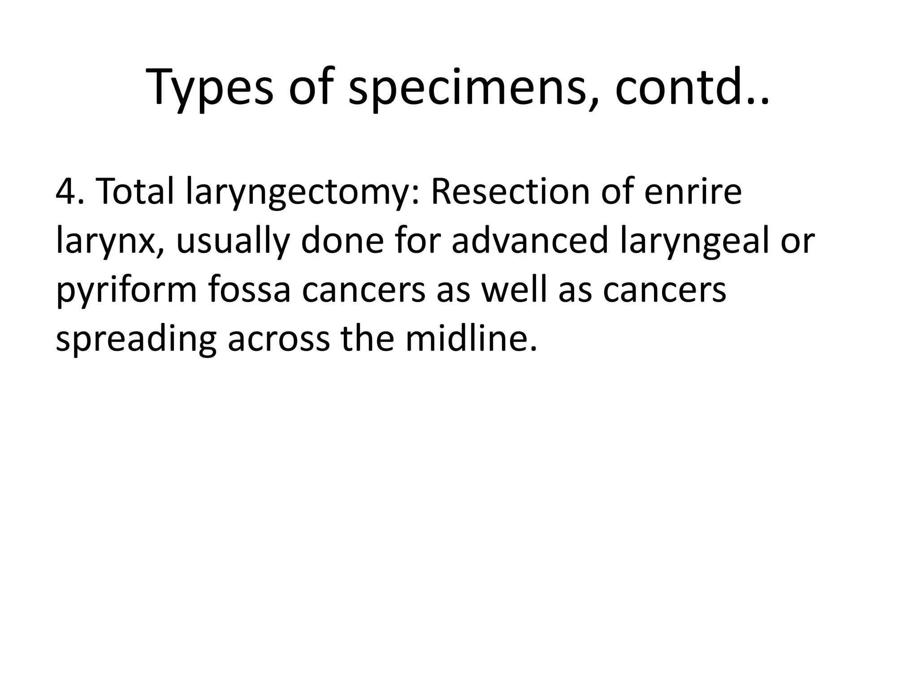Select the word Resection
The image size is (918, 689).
pos(508,192)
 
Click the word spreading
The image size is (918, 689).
pos(136,339)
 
